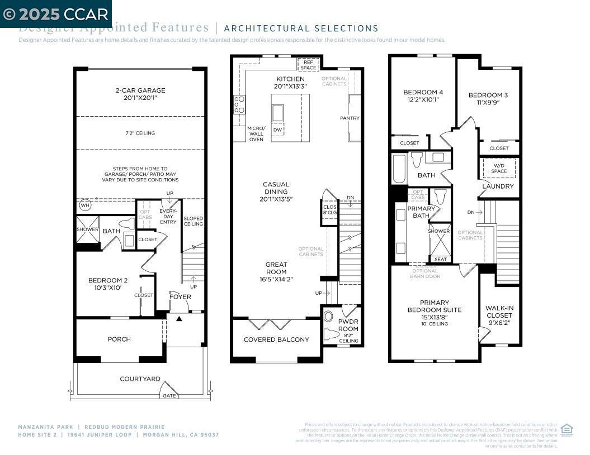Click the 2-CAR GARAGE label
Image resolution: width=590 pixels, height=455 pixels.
point(140,94)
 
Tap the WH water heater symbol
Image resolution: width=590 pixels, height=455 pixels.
point(85,205)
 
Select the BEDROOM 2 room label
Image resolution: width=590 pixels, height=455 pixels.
point(108,284)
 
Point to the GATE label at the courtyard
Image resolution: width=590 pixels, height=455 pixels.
point(169,396)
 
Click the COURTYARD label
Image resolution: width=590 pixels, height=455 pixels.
point(140,379)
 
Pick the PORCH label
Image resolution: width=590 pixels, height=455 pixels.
point(119,339)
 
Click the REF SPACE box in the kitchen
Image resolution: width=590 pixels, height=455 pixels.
point(308,65)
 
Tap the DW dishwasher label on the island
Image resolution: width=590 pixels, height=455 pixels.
point(278,130)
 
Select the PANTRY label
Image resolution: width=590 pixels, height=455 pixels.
point(350,118)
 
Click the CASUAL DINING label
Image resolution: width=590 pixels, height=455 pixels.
point(276,191)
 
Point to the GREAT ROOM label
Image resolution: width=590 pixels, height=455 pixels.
point(276,272)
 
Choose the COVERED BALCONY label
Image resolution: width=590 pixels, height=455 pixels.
point(276,339)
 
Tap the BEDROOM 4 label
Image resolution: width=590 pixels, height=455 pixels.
point(423,96)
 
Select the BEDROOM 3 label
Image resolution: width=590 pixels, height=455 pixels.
point(488,99)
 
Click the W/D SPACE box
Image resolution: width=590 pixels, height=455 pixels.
point(499,168)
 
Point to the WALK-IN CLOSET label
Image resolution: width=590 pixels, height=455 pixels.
point(499,315)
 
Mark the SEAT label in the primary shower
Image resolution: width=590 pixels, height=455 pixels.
point(440,259)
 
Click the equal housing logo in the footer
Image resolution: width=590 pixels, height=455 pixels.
point(567,429)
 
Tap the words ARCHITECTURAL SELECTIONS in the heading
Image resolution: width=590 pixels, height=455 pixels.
point(301,28)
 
